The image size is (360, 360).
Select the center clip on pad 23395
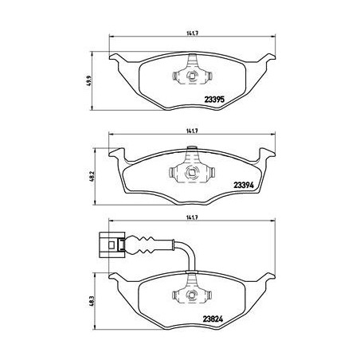[x=191, y=76]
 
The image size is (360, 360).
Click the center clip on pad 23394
[x=191, y=169]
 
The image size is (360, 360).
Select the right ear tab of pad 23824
[x=265, y=280]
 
